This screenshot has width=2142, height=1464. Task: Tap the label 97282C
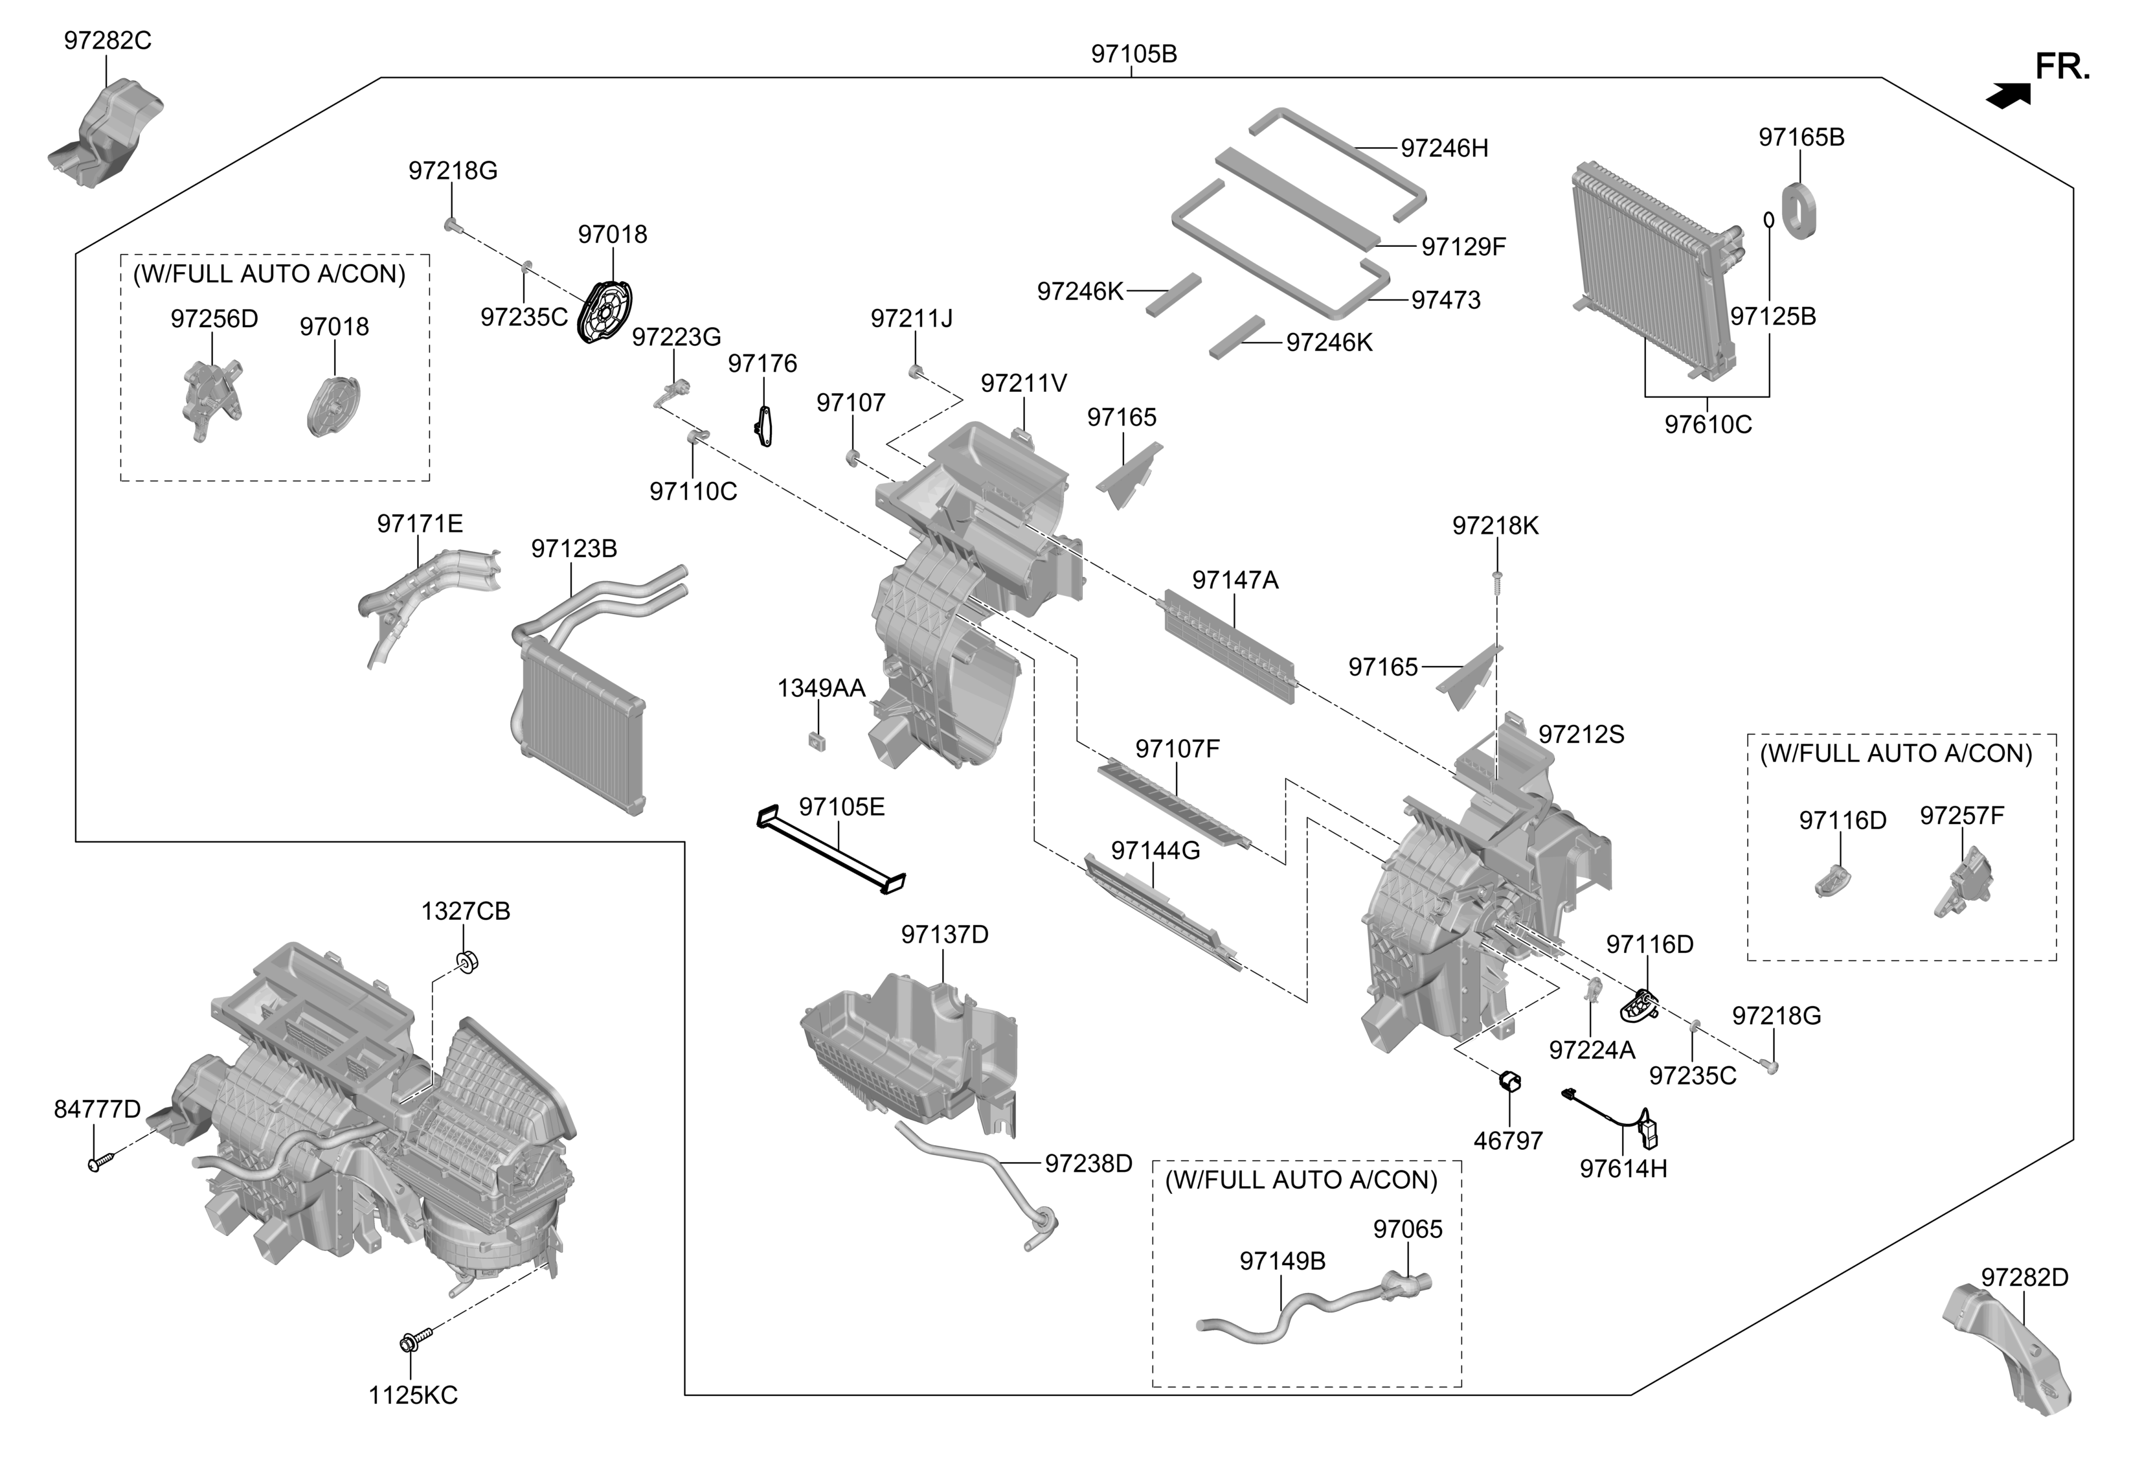pos(107,41)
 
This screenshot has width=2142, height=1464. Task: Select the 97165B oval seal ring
pos(1798,211)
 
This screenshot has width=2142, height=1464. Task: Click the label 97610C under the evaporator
pos(1707,425)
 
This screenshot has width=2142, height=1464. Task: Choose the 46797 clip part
pos(1510,1081)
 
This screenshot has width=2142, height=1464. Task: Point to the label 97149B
pos(1281,1261)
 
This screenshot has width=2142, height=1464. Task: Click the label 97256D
pos(214,319)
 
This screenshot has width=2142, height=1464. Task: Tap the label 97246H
pos(1443,148)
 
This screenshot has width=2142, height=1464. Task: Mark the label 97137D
pos(944,935)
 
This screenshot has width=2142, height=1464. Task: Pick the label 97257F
pos(1961,816)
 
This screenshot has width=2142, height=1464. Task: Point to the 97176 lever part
pos(763,426)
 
